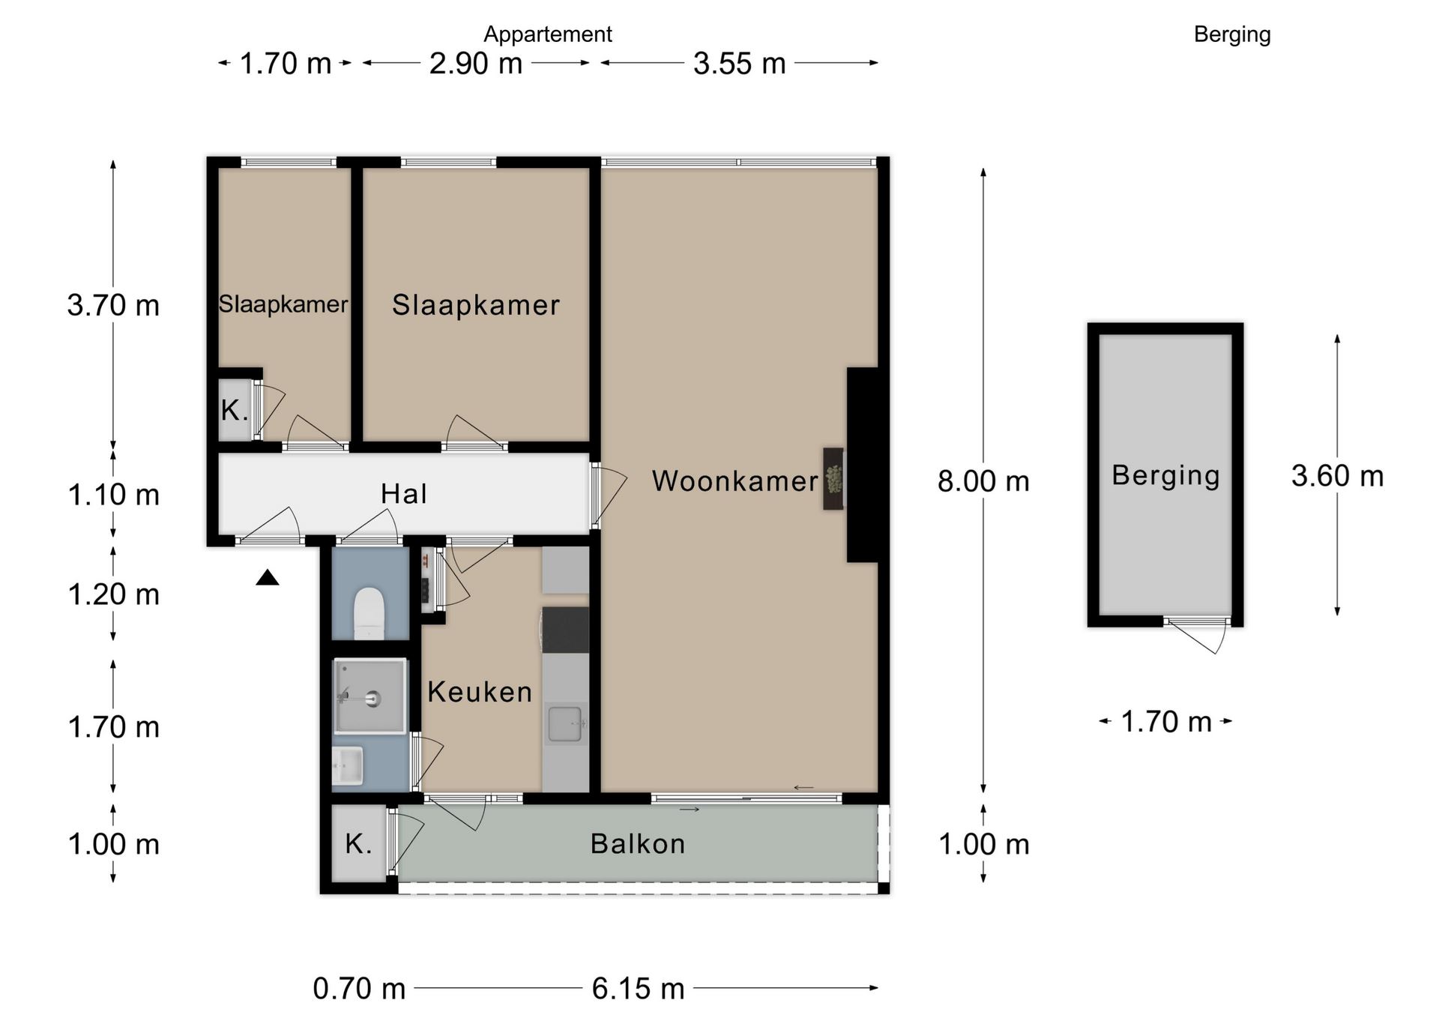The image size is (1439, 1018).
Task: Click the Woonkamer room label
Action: pyautogui.click(x=734, y=481)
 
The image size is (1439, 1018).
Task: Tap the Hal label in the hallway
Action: pyautogui.click(x=404, y=493)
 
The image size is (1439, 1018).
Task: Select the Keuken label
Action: pyautogui.click(x=480, y=691)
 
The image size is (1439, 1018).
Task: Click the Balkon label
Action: pyautogui.click(x=638, y=843)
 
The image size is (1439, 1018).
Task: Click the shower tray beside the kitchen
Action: pyautogui.click(x=369, y=696)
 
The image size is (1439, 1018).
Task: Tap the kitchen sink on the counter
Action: pyautogui.click(x=565, y=723)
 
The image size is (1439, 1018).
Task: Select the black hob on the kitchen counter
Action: pyautogui.click(x=565, y=630)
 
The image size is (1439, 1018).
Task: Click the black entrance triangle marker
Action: pyautogui.click(x=268, y=577)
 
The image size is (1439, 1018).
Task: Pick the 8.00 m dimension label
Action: pyautogui.click(x=983, y=481)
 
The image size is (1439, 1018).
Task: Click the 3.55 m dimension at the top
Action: pyautogui.click(x=739, y=63)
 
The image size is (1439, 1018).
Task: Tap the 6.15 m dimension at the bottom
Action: pyautogui.click(x=638, y=988)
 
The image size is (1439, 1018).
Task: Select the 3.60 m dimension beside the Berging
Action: pyautogui.click(x=1337, y=475)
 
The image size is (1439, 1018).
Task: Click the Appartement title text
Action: pyautogui.click(x=548, y=34)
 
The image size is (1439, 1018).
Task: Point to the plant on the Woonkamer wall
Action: pyautogui.click(x=833, y=478)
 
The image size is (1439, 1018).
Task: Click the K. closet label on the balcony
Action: pyautogui.click(x=358, y=843)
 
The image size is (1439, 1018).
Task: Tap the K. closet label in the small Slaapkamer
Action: pyautogui.click(x=235, y=410)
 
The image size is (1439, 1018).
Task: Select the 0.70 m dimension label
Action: pyautogui.click(x=359, y=988)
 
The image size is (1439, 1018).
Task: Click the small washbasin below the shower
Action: pyautogui.click(x=348, y=765)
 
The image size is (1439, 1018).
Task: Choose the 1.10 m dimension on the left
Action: pyautogui.click(x=113, y=495)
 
